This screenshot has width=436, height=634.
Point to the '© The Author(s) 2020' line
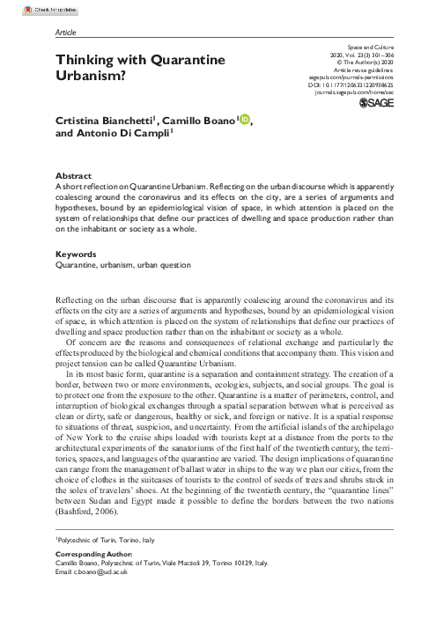point(363,61)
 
